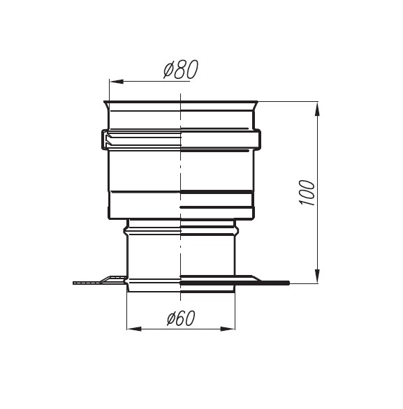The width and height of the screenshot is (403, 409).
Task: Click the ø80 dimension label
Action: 181,69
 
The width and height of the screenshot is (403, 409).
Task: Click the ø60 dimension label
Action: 181,318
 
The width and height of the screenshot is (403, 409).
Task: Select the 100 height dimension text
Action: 307,193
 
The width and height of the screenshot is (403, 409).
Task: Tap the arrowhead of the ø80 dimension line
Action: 117,82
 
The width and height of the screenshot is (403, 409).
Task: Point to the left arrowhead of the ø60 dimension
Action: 134,329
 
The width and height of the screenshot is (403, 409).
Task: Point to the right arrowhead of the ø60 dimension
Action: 228,329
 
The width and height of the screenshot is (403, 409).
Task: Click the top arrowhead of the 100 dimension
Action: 317,109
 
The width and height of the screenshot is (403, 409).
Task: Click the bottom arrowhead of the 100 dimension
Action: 317,276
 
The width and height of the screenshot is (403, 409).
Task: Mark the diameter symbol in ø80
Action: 168,70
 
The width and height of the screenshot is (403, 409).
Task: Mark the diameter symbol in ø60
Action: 171,319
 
